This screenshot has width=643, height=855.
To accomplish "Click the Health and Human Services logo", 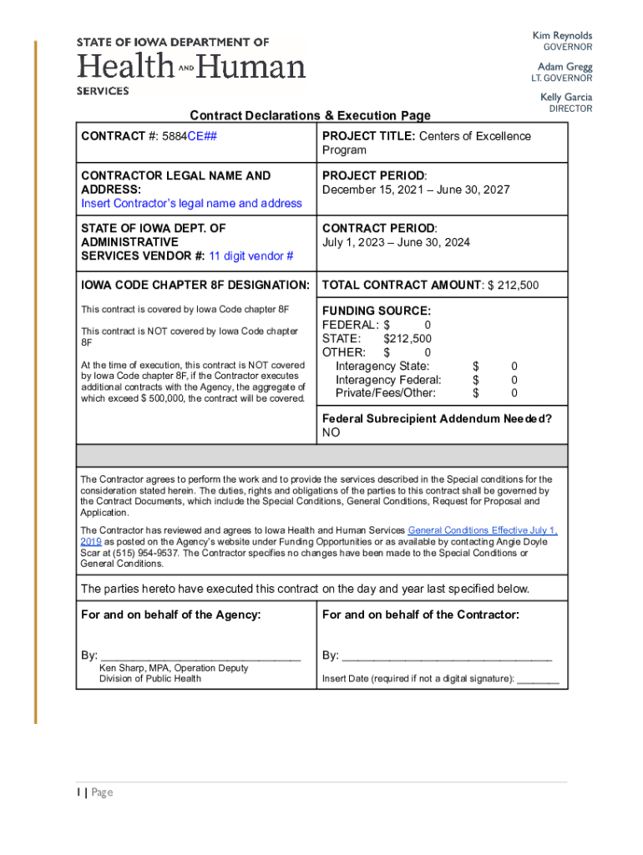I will pyautogui.click(x=191, y=65).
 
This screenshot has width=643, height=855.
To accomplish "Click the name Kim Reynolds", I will pyautogui.click(x=562, y=36).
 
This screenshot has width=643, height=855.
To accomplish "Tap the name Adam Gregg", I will pyautogui.click(x=565, y=67).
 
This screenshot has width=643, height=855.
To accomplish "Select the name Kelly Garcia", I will pyautogui.click(x=565, y=97).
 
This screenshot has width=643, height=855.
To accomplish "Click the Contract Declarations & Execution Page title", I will pyautogui.click(x=310, y=115).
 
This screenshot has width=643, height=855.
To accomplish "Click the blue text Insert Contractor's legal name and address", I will pyautogui.click(x=191, y=203).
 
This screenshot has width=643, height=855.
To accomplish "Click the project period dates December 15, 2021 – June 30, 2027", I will pyautogui.click(x=416, y=190).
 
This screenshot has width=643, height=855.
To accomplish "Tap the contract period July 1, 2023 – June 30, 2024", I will pyautogui.click(x=396, y=242).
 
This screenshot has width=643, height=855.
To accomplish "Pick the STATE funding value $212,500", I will pyautogui.click(x=408, y=338).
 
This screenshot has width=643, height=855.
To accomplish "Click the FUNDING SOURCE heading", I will pyautogui.click(x=377, y=311).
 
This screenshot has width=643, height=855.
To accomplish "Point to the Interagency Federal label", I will pyautogui.click(x=388, y=380).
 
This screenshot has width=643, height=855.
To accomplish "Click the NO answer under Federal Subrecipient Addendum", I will pyautogui.click(x=332, y=433).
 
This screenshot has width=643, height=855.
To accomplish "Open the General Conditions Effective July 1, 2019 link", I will pyautogui.click(x=482, y=530).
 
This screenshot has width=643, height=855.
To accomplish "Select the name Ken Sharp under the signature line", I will pyautogui.click(x=126, y=668).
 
